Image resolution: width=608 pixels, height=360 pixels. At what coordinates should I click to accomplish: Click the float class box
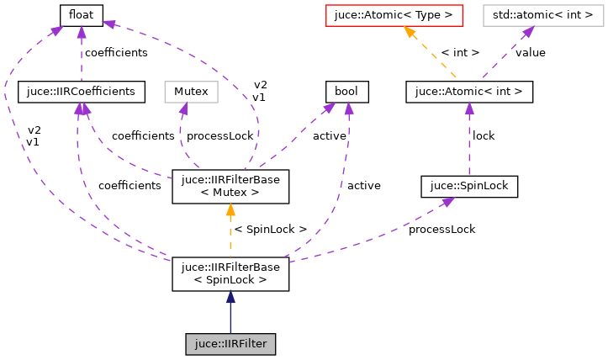click(x=81, y=14)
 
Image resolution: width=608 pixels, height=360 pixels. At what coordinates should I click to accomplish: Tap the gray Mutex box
click(x=190, y=92)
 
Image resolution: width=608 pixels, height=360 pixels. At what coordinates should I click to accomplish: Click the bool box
click(x=346, y=92)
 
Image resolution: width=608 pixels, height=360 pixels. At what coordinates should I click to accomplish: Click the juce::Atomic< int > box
click(x=468, y=92)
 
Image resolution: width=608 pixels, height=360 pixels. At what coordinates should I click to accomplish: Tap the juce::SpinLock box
click(x=468, y=186)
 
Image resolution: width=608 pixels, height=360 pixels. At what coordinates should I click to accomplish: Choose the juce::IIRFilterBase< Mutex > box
click(x=230, y=186)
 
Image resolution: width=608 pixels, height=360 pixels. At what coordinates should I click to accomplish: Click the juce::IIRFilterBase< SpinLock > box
click(x=230, y=275)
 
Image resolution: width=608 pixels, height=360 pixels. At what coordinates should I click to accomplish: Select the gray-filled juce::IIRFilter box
click(x=230, y=344)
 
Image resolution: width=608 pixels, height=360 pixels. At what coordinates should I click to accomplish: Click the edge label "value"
click(x=531, y=52)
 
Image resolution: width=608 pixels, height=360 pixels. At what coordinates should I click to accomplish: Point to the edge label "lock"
click(x=484, y=135)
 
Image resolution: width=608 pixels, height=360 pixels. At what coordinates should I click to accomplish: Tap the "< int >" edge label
click(x=460, y=52)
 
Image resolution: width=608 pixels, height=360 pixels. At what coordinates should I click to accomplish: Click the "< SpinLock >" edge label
click(x=271, y=230)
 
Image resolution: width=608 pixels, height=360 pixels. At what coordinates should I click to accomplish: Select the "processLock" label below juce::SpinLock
click(x=441, y=229)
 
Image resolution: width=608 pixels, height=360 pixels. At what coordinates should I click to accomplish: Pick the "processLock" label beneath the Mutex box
click(x=219, y=135)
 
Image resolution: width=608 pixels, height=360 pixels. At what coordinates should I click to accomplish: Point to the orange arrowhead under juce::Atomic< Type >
click(x=410, y=32)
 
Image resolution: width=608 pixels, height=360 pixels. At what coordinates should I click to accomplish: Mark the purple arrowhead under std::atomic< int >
click(x=526, y=32)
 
